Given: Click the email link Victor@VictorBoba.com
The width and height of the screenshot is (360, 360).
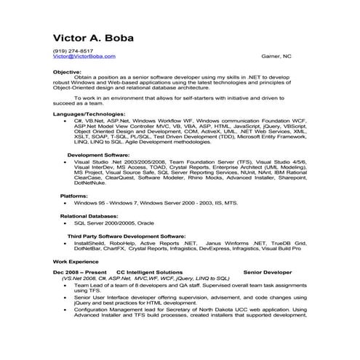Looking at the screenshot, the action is tap(84, 56).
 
